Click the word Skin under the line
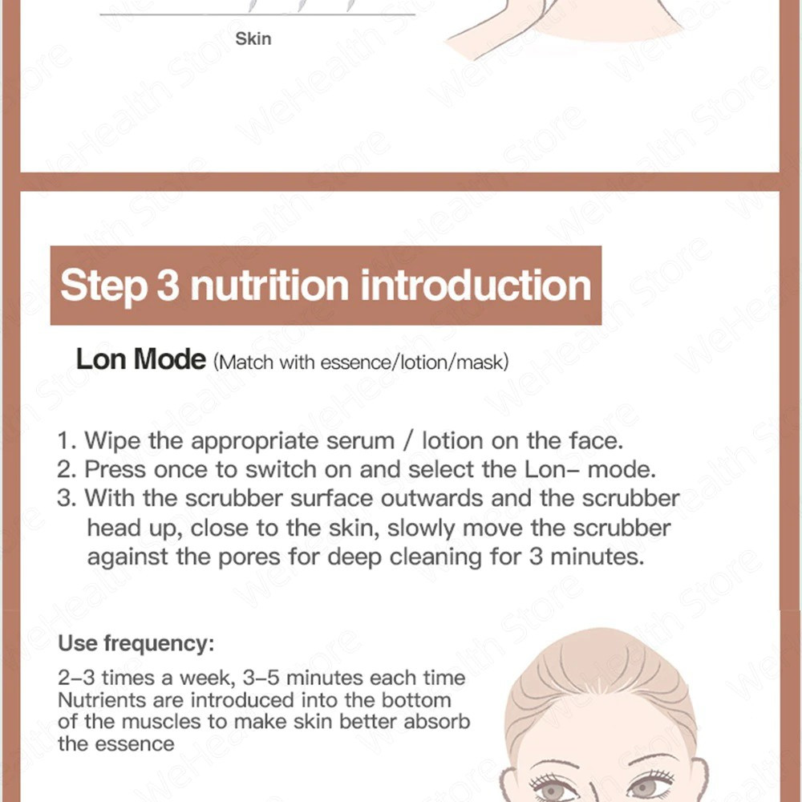(253, 38)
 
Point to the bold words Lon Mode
(140, 359)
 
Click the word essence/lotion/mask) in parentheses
(415, 363)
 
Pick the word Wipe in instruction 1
(112, 441)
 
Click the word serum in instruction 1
(361, 441)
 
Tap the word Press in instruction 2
(115, 469)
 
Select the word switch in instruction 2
(281, 469)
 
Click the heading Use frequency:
(136, 643)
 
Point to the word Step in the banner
(103, 286)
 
